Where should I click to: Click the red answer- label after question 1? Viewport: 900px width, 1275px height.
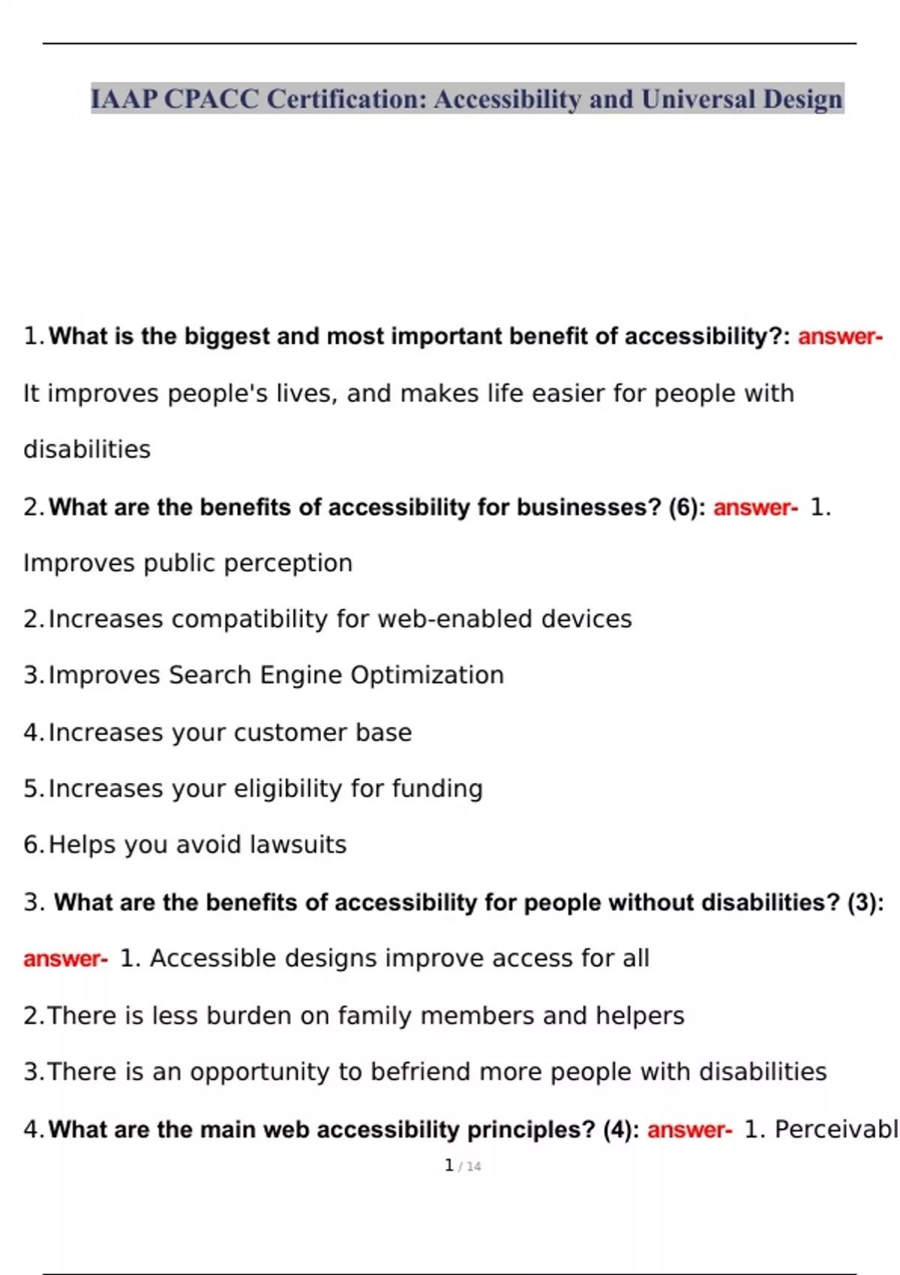click(840, 337)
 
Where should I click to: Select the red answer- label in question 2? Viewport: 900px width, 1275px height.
click(755, 508)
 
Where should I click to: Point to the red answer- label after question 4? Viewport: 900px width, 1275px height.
click(689, 1129)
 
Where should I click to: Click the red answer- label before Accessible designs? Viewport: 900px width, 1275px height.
click(65, 958)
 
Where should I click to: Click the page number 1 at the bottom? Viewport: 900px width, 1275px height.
click(448, 1165)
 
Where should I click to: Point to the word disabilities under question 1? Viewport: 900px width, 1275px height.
click(87, 450)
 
